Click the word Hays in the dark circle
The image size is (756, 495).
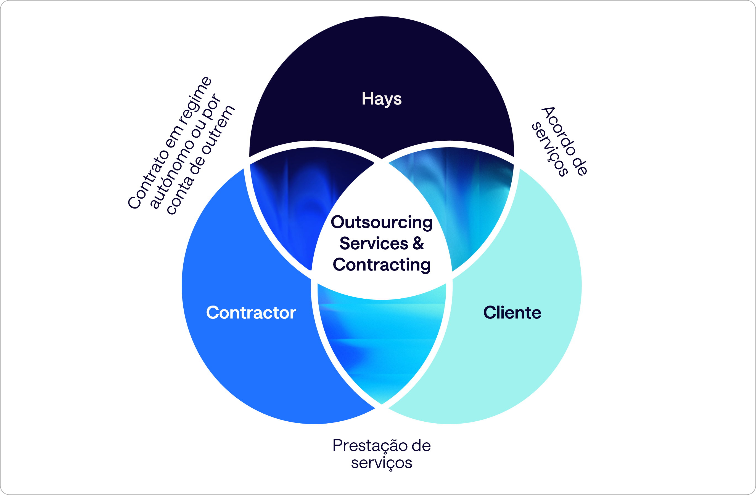click(382, 99)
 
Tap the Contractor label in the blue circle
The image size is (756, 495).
click(251, 312)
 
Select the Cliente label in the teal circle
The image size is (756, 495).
click(512, 312)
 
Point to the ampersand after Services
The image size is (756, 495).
click(418, 244)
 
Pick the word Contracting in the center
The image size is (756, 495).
click(382, 265)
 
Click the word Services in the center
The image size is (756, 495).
click(374, 244)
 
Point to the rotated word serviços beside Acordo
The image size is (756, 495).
click(550, 149)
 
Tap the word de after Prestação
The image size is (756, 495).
click(421, 446)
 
